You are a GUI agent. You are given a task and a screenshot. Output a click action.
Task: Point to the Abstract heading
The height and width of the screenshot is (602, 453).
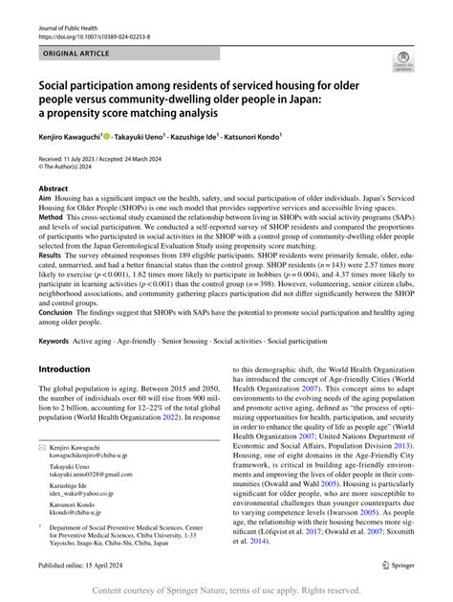53,190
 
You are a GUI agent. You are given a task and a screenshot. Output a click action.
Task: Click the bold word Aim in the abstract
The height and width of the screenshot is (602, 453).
45,201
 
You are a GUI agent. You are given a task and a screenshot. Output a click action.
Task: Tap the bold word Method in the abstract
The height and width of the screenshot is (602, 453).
51,243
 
